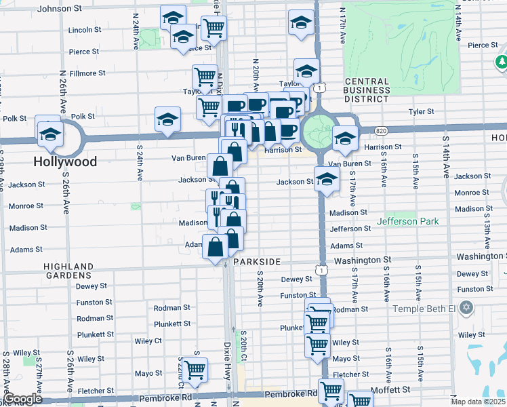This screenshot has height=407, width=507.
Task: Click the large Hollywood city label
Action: tap(66, 162)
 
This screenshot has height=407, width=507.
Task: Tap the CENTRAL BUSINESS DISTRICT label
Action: tap(367, 90)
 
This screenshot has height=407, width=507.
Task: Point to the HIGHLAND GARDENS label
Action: tap(68, 271)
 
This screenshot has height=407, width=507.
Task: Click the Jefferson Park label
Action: tap(407, 221)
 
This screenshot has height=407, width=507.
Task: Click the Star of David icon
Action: tap(465, 309)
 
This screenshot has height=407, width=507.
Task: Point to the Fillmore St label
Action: tap(87, 73)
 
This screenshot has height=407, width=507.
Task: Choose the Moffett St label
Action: tap(394, 390)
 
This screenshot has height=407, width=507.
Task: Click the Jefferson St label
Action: tap(350, 229)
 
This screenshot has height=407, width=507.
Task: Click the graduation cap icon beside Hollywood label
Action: tap(49, 134)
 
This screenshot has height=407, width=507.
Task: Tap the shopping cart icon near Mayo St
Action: tap(195, 370)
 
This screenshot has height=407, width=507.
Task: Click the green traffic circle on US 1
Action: tap(317, 129)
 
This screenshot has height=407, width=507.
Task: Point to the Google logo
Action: tap(22, 400)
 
